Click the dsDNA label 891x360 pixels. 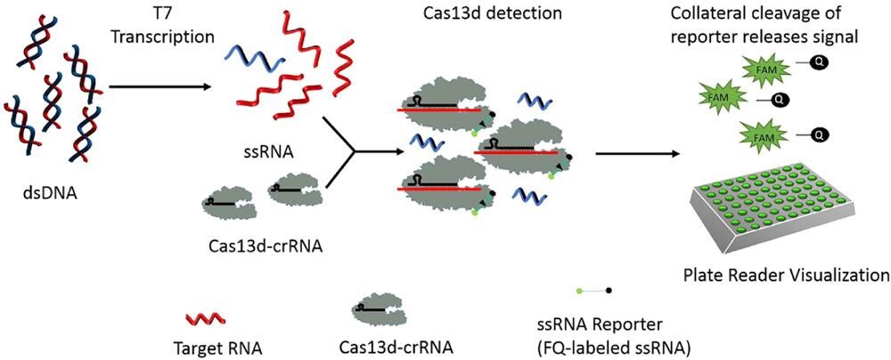click(x=52, y=191)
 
